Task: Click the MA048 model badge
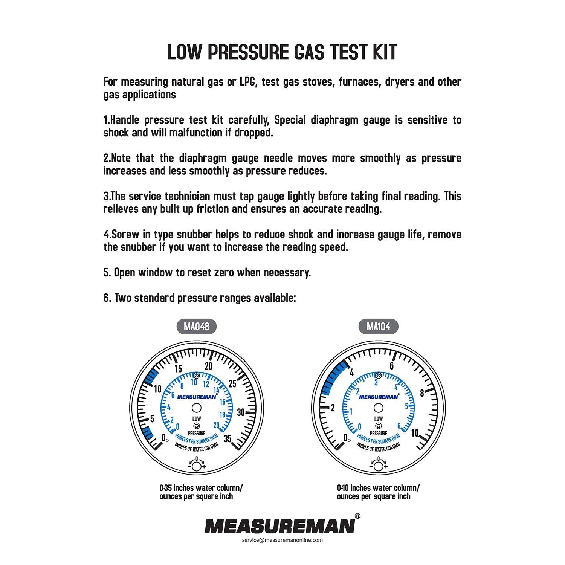tap(196, 326)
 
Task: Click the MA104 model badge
tap(378, 326)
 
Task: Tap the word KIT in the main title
tap(381, 52)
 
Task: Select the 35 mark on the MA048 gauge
tap(228, 438)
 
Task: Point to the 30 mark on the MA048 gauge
tap(241, 412)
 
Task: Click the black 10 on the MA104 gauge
tap(415, 433)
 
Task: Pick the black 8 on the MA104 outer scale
tap(422, 393)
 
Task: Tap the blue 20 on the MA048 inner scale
tap(216, 425)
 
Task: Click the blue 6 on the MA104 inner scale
tap(399, 426)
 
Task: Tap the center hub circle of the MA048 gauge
tap(196, 408)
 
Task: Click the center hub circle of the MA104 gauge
tap(378, 408)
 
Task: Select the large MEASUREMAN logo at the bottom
tap(279, 526)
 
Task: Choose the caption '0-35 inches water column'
tap(201, 488)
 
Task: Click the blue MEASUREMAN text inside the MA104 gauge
tap(378, 396)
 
